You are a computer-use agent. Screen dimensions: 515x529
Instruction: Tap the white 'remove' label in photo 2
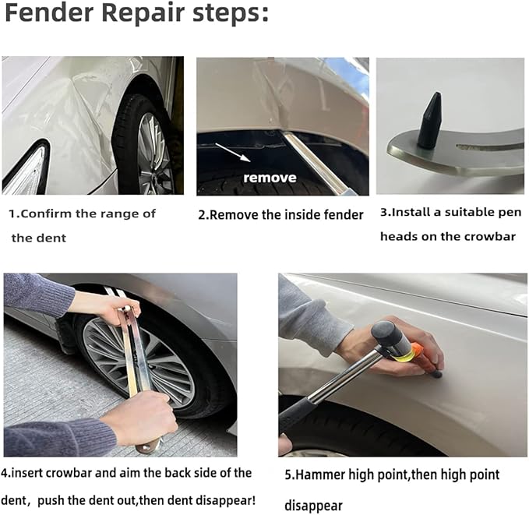click(x=270, y=178)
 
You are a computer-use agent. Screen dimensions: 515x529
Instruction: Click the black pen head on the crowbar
click(x=428, y=120)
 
